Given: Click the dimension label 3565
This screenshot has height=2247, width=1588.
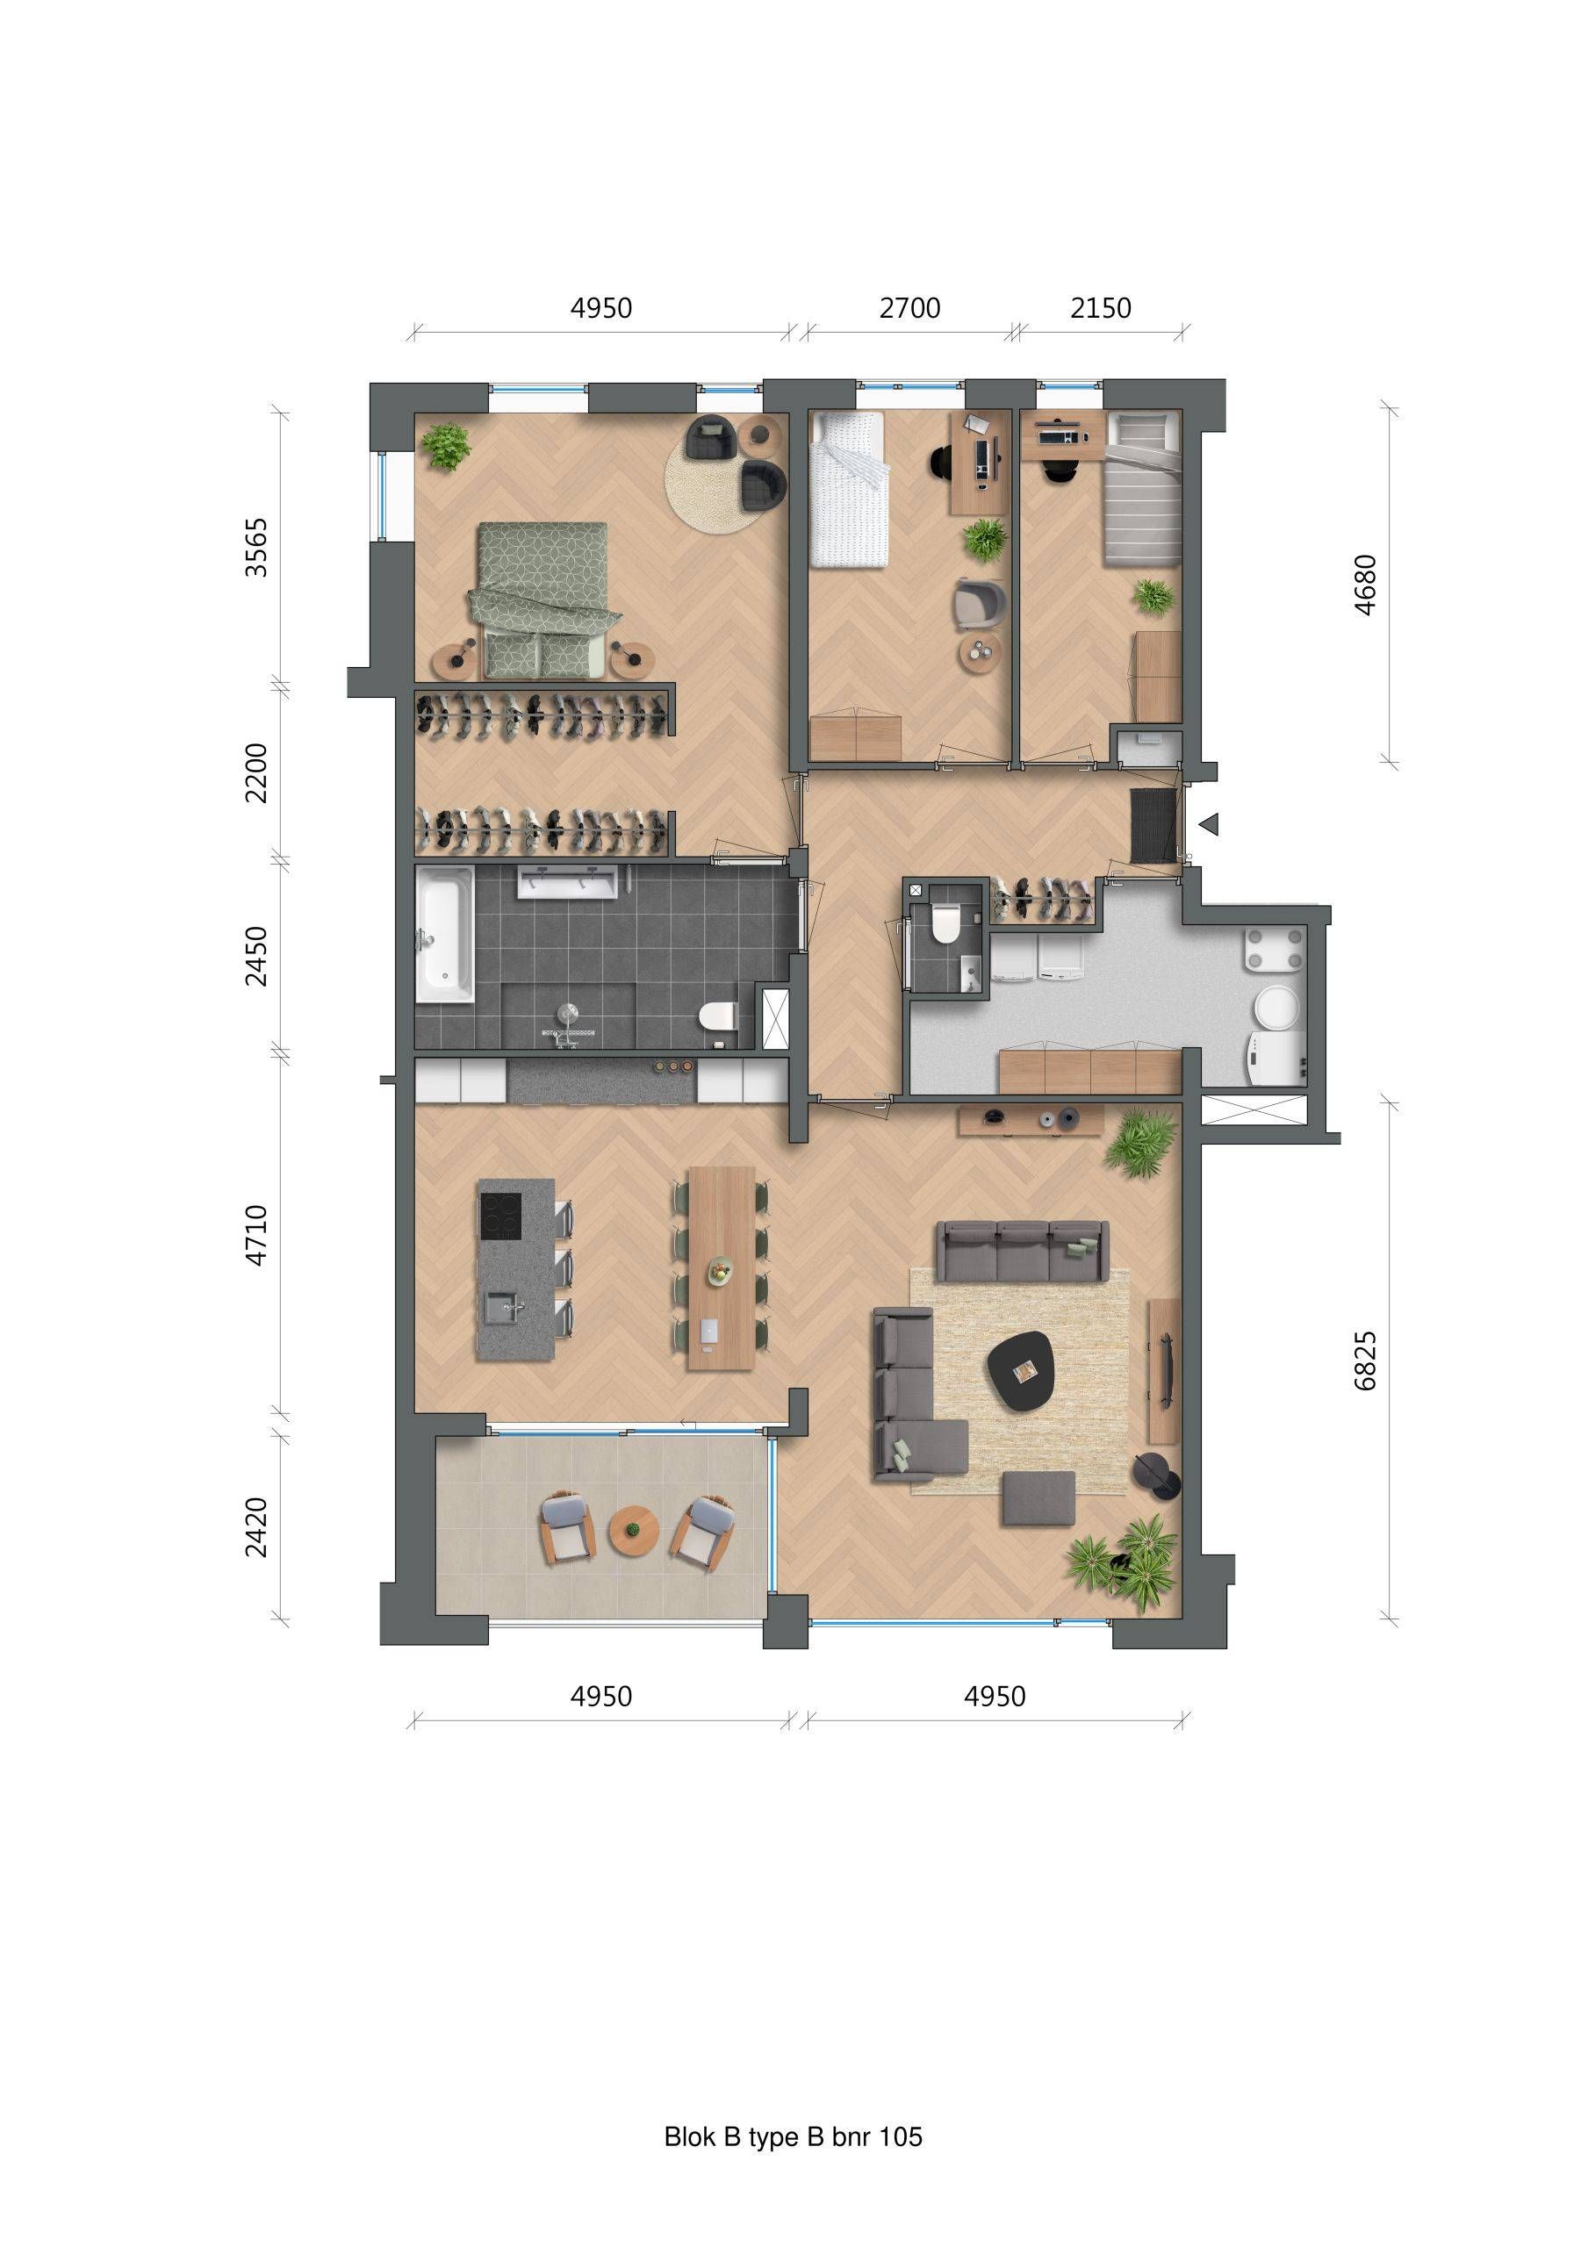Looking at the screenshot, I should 255,547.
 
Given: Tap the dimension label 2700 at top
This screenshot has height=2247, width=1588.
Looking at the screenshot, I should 909,308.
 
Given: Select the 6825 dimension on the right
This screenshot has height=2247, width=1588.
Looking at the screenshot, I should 1365,1360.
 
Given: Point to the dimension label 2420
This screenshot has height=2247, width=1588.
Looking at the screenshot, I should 255,1526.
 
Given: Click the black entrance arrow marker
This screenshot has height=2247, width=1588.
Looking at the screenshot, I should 1209,825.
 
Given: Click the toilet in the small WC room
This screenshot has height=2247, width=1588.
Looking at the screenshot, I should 945,924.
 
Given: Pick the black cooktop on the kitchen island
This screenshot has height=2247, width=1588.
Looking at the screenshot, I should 500,1217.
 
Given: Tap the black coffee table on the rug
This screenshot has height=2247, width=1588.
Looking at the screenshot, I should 1021,1371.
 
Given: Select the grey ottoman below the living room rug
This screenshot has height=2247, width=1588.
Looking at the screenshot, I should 1038,1498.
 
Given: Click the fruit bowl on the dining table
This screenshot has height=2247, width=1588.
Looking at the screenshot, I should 721,1270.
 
